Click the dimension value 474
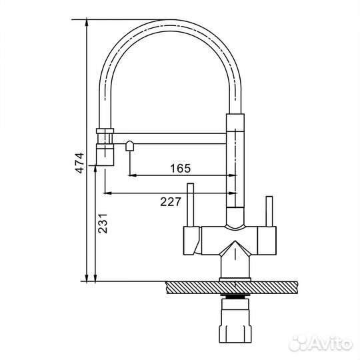(x=80, y=163)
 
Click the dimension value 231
(x=103, y=223)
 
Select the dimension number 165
(x=181, y=168)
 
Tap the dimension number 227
(x=171, y=202)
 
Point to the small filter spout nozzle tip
(x=129, y=146)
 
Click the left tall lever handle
(x=191, y=205)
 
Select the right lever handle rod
(x=269, y=211)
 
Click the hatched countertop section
(x=231, y=287)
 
